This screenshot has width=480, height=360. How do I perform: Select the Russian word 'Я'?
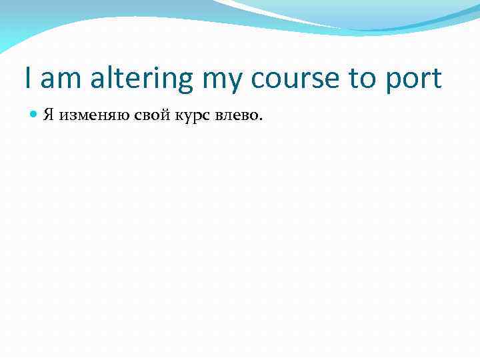[49, 115]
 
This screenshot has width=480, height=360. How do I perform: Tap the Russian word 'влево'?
[235, 115]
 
